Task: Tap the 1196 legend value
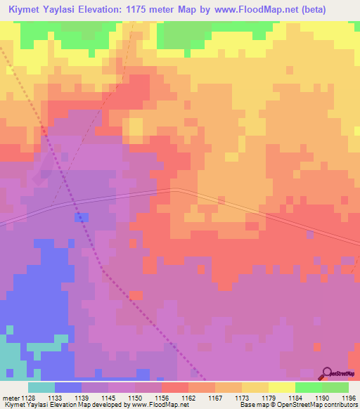[x=348, y=398]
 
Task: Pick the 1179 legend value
[x=269, y=398]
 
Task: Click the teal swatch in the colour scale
[x=41, y=387]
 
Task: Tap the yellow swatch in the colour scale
[x=281, y=387]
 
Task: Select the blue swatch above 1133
[x=68, y=387]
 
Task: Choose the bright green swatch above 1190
[x=308, y=387]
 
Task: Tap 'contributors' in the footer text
[x=340, y=405]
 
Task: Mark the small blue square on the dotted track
[x=82, y=217]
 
